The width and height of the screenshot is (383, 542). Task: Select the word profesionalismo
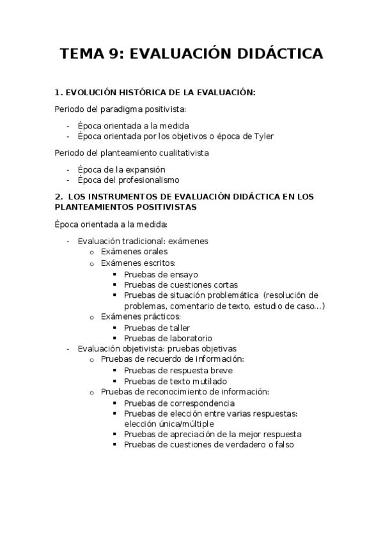pos(147,180)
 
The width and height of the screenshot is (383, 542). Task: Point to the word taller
pos(176,328)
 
